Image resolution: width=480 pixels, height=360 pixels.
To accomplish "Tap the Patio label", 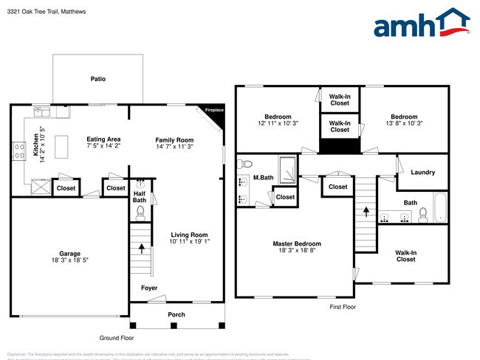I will pos(97,77).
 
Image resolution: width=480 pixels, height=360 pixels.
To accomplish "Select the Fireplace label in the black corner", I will pos(214,110).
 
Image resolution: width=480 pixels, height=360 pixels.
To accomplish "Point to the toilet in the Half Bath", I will pos(140,212).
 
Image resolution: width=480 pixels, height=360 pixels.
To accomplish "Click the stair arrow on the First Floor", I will pos(366,211).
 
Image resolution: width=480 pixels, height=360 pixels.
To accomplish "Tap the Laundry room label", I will pos(422,173).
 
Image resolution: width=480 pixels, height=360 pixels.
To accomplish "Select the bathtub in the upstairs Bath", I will pos(440,207).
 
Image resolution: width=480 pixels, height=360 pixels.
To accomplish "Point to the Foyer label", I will pos(149,288).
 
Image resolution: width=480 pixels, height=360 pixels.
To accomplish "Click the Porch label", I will pos(176,314).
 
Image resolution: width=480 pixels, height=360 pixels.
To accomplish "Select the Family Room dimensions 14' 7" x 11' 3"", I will pos(174,147).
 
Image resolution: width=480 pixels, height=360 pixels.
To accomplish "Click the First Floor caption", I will pos(342,306).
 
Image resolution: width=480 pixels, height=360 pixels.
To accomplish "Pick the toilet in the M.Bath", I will pos(247,164).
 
